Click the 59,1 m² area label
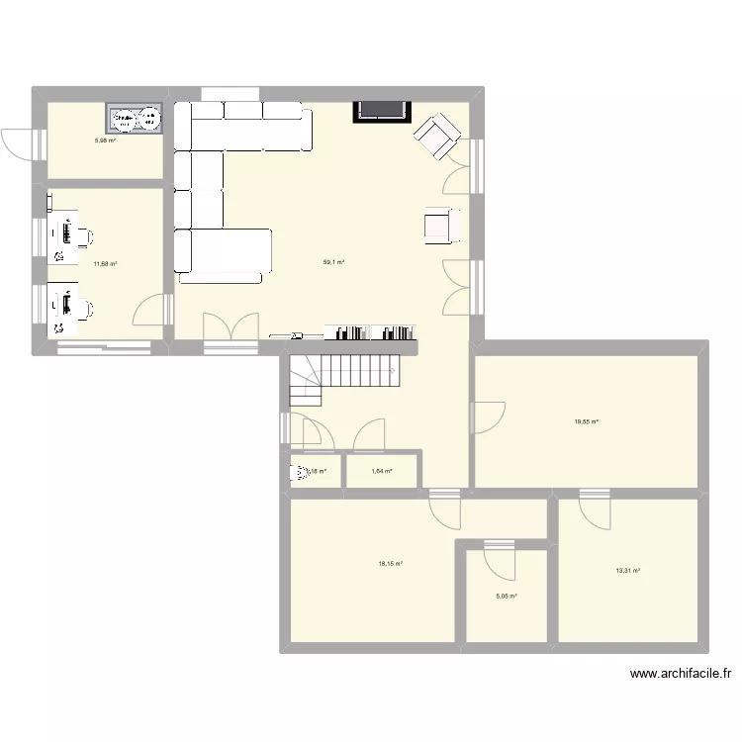click(x=332, y=262)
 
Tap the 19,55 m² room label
click(x=588, y=421)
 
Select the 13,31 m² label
click(x=628, y=571)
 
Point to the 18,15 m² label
click(x=390, y=564)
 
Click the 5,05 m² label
click(x=507, y=596)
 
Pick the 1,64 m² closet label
click(x=382, y=471)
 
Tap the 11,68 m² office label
click(x=106, y=263)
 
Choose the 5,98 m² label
click(x=105, y=140)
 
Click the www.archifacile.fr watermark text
click(x=680, y=675)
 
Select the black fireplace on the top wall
click(x=380, y=110)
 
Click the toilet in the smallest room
click(x=298, y=473)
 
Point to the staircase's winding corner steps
click(x=305, y=382)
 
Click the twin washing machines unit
click(x=137, y=119)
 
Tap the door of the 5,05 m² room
click(x=499, y=558)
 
